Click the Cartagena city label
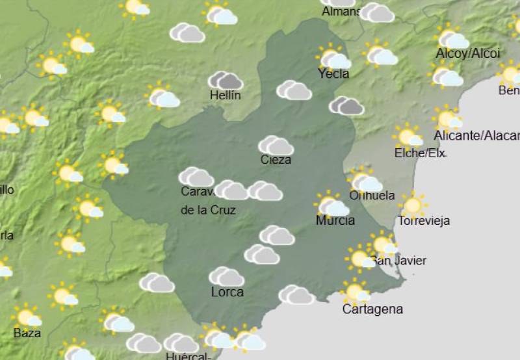pyautogui.click(x=372, y=309)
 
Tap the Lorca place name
pyautogui.click(x=227, y=292)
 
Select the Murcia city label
pyautogui.click(x=335, y=220)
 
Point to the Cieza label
pyautogui.click(x=276, y=160)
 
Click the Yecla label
pyautogui.click(x=333, y=73)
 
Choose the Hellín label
pyautogui.click(x=226, y=96)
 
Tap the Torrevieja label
pyautogui.click(x=424, y=220)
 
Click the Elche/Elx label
pyautogui.click(x=420, y=153)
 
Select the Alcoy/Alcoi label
pyautogui.click(x=468, y=53)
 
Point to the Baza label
pyautogui.click(x=27, y=333)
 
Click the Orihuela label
pyautogui.click(x=372, y=195)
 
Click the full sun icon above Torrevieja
pyautogui.click(x=412, y=205)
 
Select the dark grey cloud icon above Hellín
pyautogui.click(x=225, y=81)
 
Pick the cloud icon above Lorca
pyautogui.click(x=227, y=276)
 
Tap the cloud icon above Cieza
pyautogui.click(x=276, y=146)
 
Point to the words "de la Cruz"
pyautogui.click(x=208, y=210)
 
